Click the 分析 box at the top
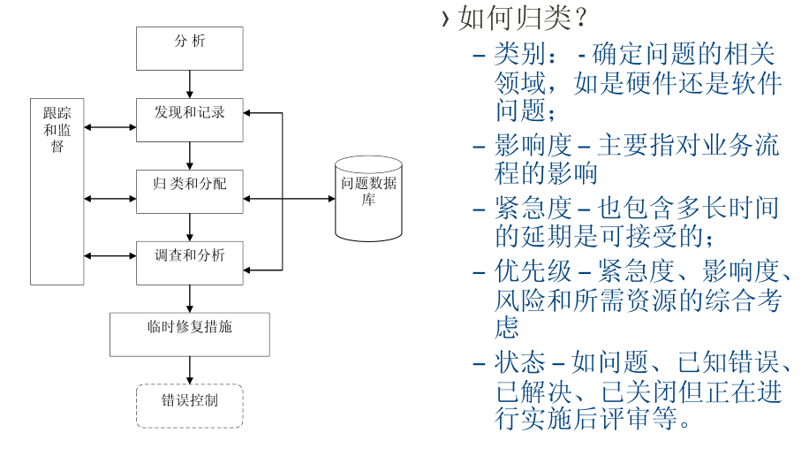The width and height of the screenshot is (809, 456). pyautogui.click(x=190, y=49)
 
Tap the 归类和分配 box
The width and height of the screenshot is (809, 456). pyautogui.click(x=190, y=191)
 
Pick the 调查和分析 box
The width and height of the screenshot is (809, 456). pyautogui.click(x=190, y=262)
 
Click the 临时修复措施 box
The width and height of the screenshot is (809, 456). pyautogui.click(x=190, y=333)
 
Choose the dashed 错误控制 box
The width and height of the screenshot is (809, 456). pyautogui.click(x=190, y=406)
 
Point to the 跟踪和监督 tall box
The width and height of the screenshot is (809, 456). pyautogui.click(x=57, y=192)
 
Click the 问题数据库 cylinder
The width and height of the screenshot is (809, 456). pyautogui.click(x=368, y=197)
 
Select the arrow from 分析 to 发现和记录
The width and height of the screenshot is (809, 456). pyautogui.click(x=190, y=84)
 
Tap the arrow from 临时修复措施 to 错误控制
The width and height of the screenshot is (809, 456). pyautogui.click(x=190, y=369)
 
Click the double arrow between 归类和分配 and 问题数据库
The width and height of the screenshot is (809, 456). pyautogui.click(x=289, y=198)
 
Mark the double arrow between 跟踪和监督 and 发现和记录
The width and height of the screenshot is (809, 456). pyautogui.click(x=110, y=127)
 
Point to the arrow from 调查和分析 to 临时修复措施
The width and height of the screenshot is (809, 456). pyautogui.click(x=190, y=298)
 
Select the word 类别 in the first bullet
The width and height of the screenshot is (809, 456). pyautogui.click(x=520, y=55)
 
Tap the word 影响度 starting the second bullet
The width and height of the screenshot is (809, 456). pyautogui.click(x=533, y=145)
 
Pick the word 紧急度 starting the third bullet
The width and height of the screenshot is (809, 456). pyautogui.click(x=533, y=209)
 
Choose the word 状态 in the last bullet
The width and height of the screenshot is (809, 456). pyautogui.click(x=520, y=362)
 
